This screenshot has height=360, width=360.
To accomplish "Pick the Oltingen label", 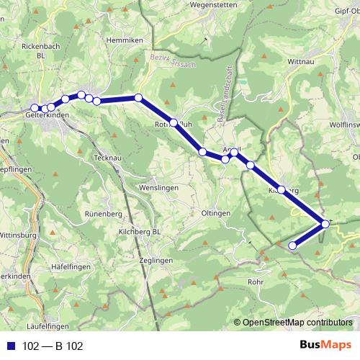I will point(215,213).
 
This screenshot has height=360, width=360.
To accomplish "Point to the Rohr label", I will point(256,282).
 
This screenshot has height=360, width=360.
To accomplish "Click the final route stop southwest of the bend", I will point(292,246).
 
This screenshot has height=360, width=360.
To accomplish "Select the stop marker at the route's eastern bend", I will point(325,225).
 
